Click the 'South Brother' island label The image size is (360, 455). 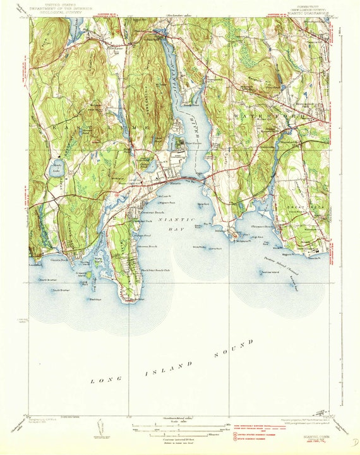61,290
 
